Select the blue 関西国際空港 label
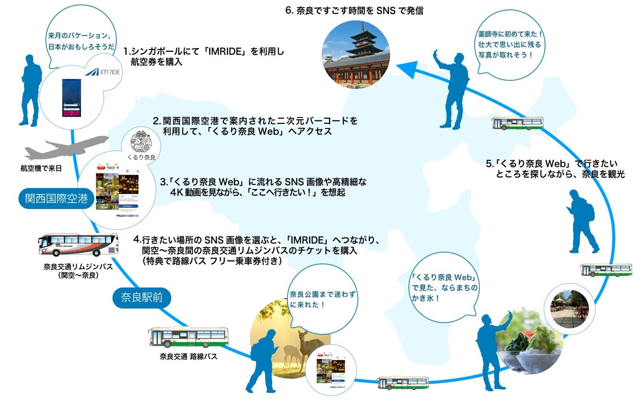click(56, 199)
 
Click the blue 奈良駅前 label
click(142, 297)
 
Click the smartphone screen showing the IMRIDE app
click(71, 97)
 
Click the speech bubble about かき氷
click(444, 287)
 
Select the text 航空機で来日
click(41, 169)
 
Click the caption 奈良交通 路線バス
click(188, 356)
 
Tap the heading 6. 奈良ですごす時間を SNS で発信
click(354, 11)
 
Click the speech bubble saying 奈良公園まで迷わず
click(323, 299)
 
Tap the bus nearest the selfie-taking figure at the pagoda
click(517, 123)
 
